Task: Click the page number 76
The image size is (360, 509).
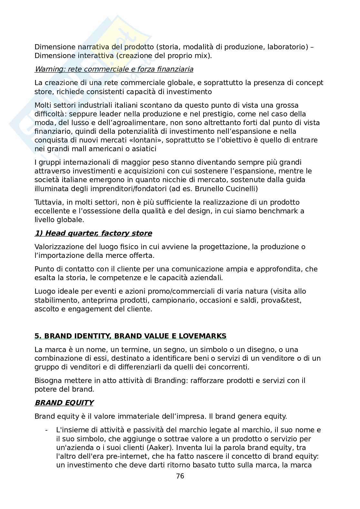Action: [x=180, y=476]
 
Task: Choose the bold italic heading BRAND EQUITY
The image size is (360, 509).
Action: [x=64, y=403]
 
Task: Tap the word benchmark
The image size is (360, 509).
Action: [x=277, y=211]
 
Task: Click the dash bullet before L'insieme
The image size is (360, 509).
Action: [x=47, y=430]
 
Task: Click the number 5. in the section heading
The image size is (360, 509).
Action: [x=38, y=336]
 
